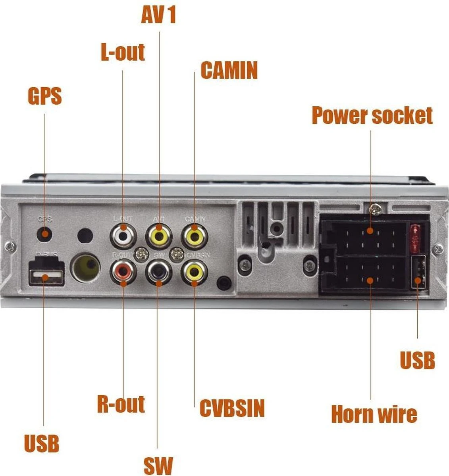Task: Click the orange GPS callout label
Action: click(x=45, y=96)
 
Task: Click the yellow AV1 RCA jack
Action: click(x=159, y=236)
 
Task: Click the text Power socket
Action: click(x=372, y=115)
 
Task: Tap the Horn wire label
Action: click(x=374, y=414)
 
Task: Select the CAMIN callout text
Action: click(x=229, y=70)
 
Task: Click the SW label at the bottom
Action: click(x=158, y=466)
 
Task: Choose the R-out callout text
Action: click(x=121, y=404)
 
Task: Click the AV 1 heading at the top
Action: click(x=158, y=15)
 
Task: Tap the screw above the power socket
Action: click(x=374, y=207)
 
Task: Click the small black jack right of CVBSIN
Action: click(x=224, y=283)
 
